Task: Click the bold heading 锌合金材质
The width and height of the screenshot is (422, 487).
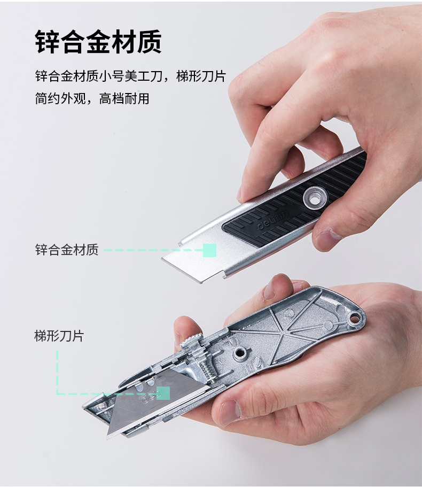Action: pos(98,42)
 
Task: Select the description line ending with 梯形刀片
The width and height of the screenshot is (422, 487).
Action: pos(130,76)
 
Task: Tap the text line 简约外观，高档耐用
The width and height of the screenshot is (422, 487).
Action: pos(92,98)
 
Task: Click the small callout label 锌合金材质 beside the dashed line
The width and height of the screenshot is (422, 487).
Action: pos(67,250)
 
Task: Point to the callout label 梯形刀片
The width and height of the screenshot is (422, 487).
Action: pos(59,336)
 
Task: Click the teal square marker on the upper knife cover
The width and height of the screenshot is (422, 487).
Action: pos(209,250)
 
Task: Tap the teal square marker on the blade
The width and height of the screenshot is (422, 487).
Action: pos(163,393)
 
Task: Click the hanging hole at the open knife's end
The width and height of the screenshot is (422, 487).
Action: pos(353,319)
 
